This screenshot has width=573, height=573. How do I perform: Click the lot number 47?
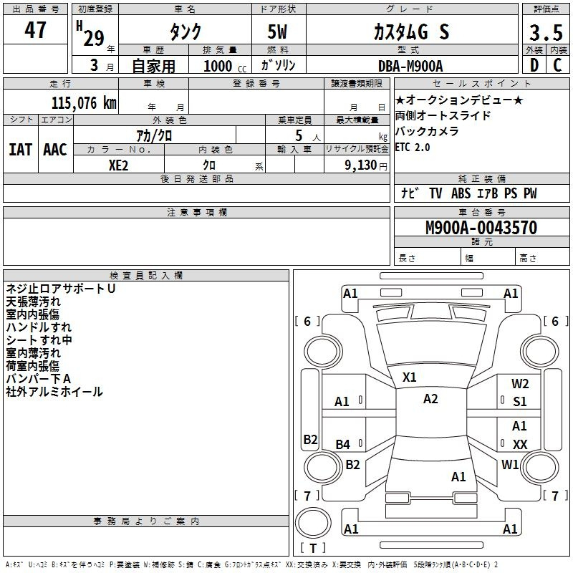(35, 30)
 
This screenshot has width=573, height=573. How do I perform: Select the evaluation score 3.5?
(545, 33)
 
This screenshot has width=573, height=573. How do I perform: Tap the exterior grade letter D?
(534, 64)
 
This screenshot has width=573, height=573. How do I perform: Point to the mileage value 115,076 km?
(83, 102)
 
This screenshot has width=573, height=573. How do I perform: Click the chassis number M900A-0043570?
(481, 228)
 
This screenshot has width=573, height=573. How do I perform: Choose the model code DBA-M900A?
(410, 66)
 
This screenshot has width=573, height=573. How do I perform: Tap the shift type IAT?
(20, 150)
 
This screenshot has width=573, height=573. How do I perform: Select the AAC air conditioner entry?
(54, 150)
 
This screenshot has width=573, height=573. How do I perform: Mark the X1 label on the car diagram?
(410, 377)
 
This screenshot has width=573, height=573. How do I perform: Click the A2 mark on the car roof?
(430, 399)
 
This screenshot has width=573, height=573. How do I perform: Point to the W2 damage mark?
(520, 384)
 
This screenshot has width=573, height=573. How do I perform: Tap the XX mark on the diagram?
(520, 445)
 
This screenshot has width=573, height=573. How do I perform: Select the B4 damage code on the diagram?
(343, 445)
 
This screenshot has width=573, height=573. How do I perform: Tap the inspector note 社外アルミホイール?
(54, 392)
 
